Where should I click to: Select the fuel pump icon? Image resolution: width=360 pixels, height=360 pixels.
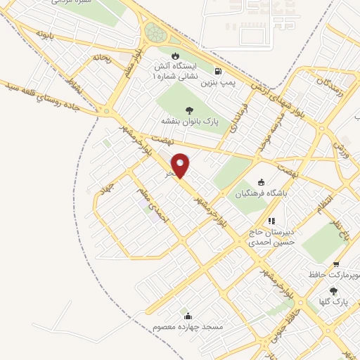tap(219, 71)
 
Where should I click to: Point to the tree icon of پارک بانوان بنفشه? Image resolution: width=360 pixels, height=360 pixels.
tap(189, 109)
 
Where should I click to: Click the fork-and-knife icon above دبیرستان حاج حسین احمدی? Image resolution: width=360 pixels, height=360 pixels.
tap(271, 220)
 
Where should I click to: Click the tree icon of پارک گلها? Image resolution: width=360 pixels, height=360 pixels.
tap(333, 291)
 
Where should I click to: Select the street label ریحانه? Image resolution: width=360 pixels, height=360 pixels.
tap(102, 57)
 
